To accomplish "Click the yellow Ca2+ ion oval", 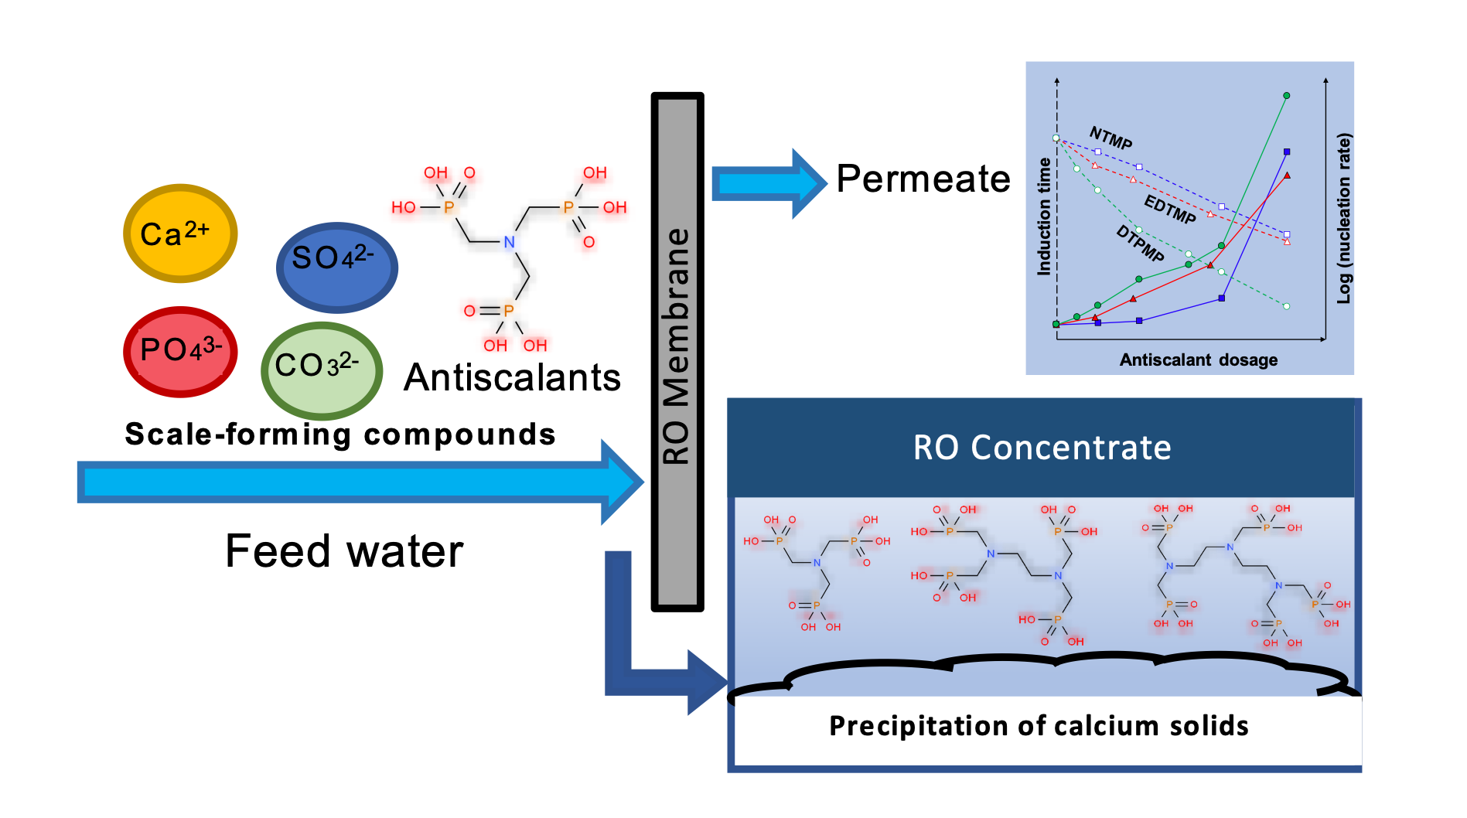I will (x=180, y=233).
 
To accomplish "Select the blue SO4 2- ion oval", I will (x=336, y=267).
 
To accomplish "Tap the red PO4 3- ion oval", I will (x=180, y=352).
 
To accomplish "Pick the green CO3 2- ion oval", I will (x=321, y=370).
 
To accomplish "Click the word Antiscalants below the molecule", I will (x=512, y=378).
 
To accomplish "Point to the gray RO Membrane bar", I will (x=677, y=352).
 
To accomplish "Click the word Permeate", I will (x=923, y=179).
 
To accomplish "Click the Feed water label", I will (x=344, y=551).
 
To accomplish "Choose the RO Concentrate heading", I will (x=1042, y=448).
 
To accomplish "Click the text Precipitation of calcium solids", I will (x=1039, y=726).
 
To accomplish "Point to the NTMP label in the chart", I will (x=1110, y=138).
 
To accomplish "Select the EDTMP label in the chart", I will (x=1169, y=209).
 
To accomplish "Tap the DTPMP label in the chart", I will (x=1140, y=243).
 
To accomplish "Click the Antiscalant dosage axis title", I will (x=1198, y=360).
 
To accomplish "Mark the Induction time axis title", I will (x=1044, y=216).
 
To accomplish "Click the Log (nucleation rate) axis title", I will (x=1344, y=218).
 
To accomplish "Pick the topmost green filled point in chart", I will (x=1286, y=96).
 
